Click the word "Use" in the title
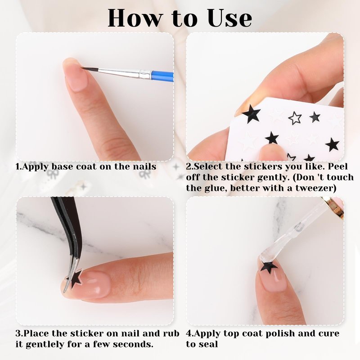click(229, 18)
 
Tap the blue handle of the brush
click(162, 75)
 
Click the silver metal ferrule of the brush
click(145, 74)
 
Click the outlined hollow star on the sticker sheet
click(295, 118)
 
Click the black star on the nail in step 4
click(269, 267)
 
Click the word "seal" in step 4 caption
click(209, 344)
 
